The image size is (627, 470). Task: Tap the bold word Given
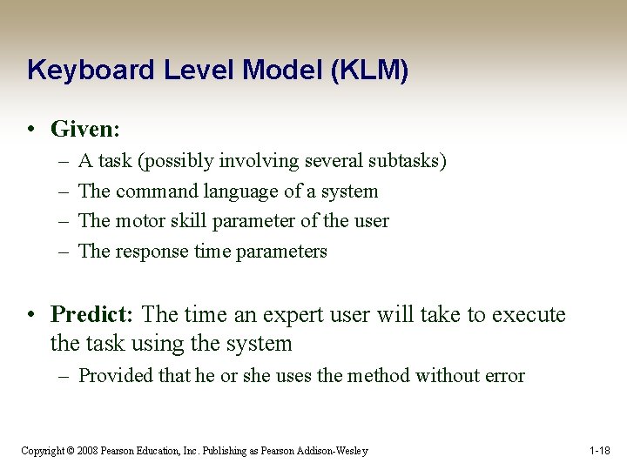click(83, 130)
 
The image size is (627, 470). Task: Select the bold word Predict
click(91, 314)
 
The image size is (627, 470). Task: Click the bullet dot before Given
click(31, 131)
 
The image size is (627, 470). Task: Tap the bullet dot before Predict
click(31, 315)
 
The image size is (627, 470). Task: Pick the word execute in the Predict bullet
click(529, 314)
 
